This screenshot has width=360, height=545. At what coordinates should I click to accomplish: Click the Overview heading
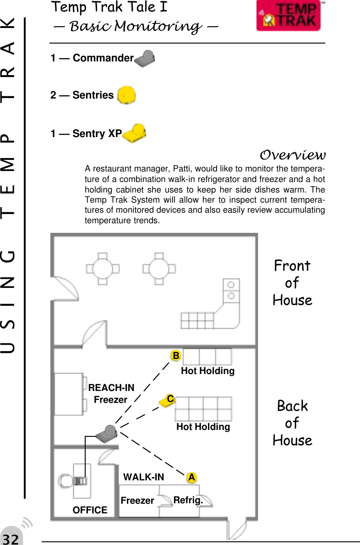[292, 153]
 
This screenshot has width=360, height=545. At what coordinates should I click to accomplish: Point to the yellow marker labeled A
[192, 478]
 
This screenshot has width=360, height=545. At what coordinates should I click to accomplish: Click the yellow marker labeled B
[175, 356]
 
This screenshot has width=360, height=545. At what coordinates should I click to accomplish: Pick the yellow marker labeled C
[169, 400]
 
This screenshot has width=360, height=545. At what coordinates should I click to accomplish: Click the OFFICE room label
[90, 510]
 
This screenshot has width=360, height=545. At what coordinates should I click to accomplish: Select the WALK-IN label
[144, 477]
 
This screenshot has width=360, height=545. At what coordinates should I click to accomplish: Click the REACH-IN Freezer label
[111, 394]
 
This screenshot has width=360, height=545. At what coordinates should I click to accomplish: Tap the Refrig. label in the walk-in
[188, 500]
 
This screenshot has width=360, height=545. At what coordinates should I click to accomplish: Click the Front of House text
[292, 283]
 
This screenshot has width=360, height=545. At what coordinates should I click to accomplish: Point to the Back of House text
[292, 423]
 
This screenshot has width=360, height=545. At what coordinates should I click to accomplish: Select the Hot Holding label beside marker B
[207, 371]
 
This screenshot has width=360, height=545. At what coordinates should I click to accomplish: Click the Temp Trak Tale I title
[109, 8]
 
